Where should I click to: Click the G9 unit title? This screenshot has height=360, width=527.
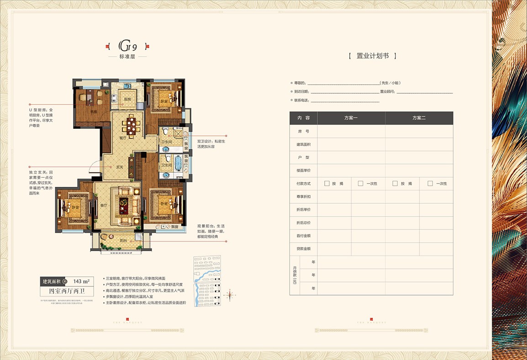128,46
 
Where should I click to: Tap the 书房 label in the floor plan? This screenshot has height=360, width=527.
93,111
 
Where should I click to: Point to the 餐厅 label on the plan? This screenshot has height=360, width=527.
122,138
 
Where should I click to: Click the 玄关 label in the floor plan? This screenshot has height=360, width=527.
120,167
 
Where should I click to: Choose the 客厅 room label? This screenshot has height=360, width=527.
104,206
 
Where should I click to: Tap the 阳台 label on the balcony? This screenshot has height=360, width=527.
123,240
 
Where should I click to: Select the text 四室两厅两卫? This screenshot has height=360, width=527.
67,291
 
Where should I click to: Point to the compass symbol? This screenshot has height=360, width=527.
230,293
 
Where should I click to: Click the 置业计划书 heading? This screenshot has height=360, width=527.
372,56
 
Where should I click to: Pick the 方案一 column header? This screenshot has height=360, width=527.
351,118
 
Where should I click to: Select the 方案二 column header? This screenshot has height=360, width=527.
419,118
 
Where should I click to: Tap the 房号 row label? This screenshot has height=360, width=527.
303,131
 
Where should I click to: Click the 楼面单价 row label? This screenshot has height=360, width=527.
303,170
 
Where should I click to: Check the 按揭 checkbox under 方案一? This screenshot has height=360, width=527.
327,184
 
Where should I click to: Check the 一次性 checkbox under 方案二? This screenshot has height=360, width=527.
430,184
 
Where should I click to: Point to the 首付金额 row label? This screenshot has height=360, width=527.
303,236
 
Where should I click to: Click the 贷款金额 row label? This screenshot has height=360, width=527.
303,249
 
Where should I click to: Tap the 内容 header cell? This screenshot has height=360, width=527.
303,118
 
